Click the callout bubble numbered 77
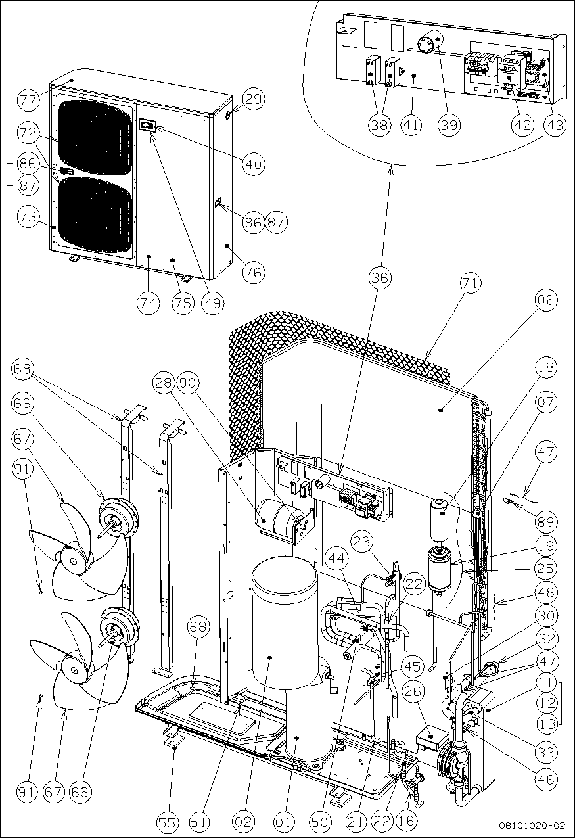click(28, 101)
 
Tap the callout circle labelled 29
click(254, 100)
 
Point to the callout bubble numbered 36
click(380, 277)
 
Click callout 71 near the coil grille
click(471, 285)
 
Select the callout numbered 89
click(545, 522)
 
